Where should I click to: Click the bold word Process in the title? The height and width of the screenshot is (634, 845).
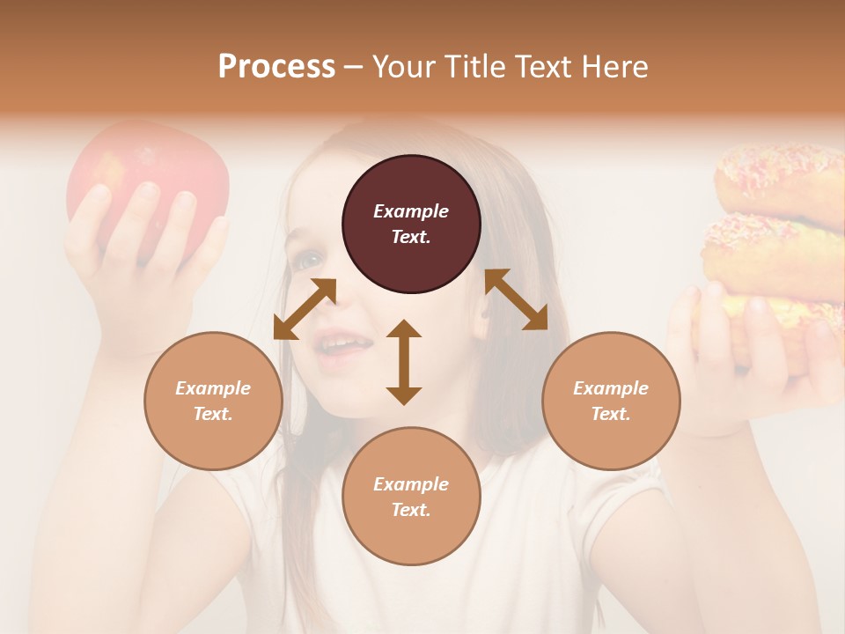coord(276,66)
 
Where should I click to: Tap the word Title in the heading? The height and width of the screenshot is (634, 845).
coord(470,66)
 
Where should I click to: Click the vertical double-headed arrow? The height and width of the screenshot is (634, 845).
coord(404,362)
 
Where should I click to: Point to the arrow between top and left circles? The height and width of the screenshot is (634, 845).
coord(305,309)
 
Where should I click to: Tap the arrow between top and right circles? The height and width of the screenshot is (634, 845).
coord(516,300)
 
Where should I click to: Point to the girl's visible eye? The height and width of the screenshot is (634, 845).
coord(309,260)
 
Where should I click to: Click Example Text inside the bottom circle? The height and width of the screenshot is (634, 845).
coord(411,497)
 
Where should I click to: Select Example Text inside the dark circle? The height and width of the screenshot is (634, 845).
coord(411,224)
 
